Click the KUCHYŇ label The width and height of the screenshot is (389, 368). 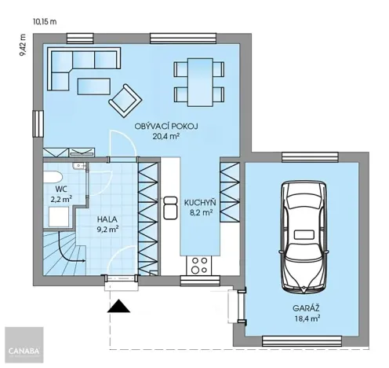click(200, 202)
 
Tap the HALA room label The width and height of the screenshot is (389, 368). click(107, 220)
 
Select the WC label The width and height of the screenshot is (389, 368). click(61, 190)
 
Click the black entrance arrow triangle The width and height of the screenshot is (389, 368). click(120, 307)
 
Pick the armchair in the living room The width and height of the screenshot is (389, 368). click(125, 100)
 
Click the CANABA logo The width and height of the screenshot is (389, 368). click(22, 348)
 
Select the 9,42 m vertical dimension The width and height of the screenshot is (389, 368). click(24, 46)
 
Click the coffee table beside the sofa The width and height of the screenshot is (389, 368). click(92, 85)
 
